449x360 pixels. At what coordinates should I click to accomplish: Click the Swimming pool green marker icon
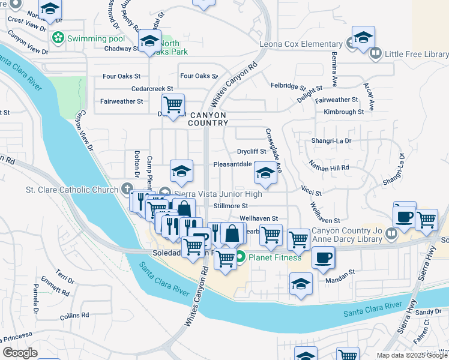tap(58, 38)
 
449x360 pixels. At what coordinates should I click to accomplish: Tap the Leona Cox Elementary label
tap(301, 44)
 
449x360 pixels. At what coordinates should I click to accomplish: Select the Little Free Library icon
tap(376, 54)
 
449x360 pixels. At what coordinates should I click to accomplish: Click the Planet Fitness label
tap(276, 258)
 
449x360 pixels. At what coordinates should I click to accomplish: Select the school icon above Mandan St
tap(301, 284)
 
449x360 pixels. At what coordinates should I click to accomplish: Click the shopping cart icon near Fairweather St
tap(173, 104)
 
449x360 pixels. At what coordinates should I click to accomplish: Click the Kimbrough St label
tap(343, 112)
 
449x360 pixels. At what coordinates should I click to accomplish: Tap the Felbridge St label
tap(288, 86)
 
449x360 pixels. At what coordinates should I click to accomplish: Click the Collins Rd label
tap(74, 314)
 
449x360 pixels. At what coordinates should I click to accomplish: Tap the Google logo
tap(20, 353)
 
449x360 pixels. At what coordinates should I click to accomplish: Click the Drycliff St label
tap(252, 152)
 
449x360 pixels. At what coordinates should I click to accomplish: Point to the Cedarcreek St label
tap(152, 88)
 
